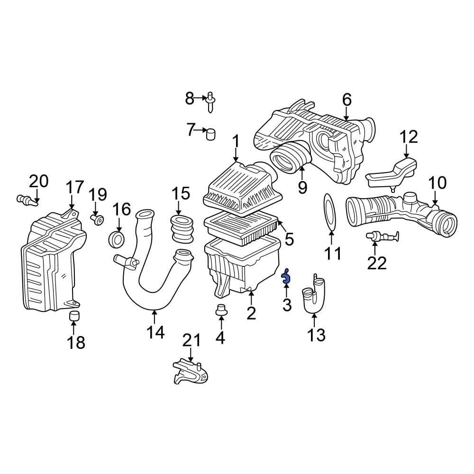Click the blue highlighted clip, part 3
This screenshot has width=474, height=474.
tap(286, 277)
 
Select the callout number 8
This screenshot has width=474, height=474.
tap(190, 99)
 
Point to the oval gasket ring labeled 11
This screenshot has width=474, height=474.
tap(330, 213)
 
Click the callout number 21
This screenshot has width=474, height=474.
tap(192, 340)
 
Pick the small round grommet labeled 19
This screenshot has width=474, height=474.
tap(98, 220)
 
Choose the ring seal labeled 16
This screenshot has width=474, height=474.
tap(118, 239)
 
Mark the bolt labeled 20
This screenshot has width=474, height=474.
tap(28, 201)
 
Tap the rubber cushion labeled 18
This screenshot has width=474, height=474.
tap(74, 317)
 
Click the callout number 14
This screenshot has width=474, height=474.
tap(155, 332)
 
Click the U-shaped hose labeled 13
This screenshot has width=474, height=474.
tap(314, 296)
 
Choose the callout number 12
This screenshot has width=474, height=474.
tap(409, 137)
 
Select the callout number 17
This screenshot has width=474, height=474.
tap(74, 188)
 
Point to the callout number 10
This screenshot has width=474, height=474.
tap(437, 183)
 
